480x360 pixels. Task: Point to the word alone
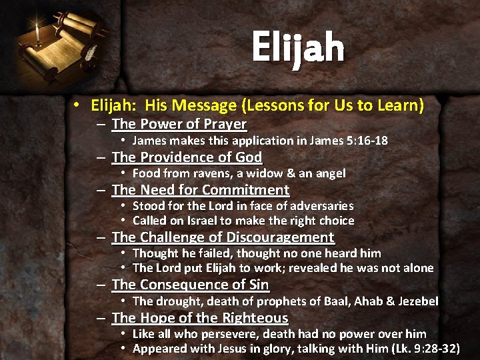click(x=417, y=268)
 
